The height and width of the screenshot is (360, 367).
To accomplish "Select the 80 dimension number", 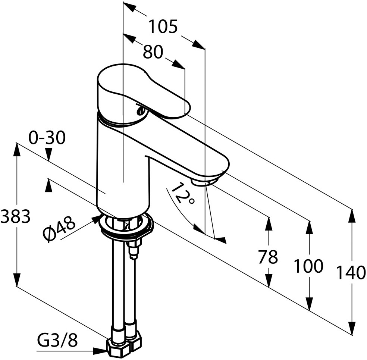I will [x=153, y=53].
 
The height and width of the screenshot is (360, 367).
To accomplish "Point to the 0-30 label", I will [x=47, y=138].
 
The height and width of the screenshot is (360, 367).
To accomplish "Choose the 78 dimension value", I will [x=268, y=257].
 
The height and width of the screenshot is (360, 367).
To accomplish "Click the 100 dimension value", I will [x=308, y=266].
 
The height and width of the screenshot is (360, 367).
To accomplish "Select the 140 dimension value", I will [x=351, y=273].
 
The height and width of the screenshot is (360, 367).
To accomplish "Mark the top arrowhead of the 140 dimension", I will [x=352, y=216].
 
